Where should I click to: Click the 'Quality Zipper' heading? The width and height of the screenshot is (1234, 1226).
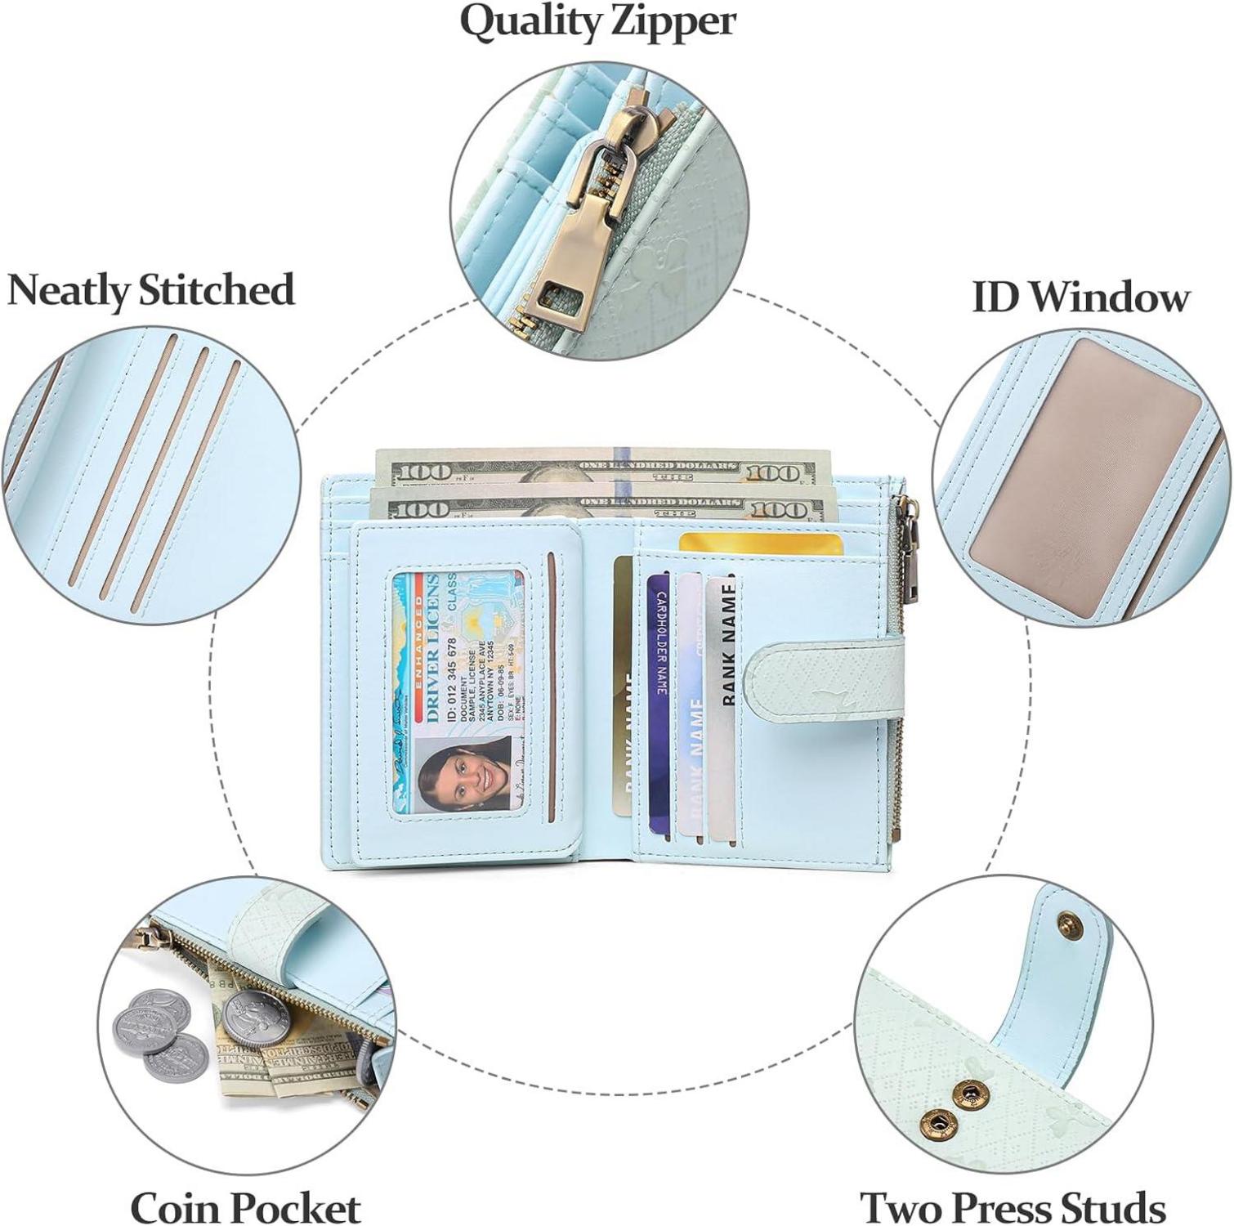point(597,22)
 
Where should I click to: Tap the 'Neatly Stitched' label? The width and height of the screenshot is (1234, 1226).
point(150,291)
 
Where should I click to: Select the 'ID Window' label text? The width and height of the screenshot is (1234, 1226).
point(1080,297)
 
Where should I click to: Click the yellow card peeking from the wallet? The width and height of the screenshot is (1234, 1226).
point(760,543)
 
